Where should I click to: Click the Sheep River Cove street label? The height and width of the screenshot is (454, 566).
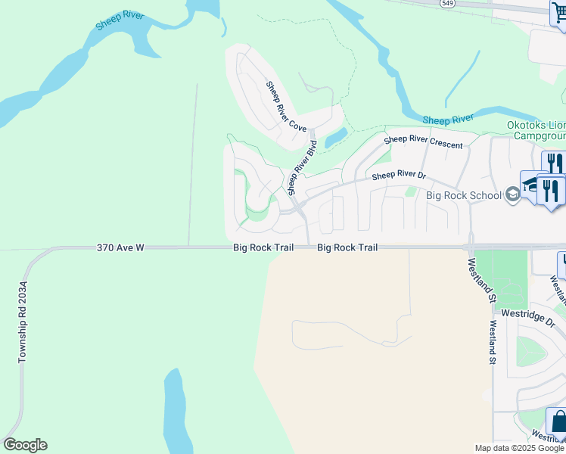coord(285,107)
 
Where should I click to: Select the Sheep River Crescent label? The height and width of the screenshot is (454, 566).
coord(423,141)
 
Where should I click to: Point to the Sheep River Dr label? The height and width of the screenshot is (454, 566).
coord(399,176)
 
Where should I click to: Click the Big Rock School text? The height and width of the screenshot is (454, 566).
coord(464,195)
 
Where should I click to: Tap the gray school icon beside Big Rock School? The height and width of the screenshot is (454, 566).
coord(513,195)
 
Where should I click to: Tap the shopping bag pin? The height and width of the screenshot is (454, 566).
coord(558,421)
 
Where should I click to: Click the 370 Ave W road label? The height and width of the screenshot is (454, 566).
coord(120,247)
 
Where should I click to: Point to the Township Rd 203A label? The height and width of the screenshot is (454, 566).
coord(23,321)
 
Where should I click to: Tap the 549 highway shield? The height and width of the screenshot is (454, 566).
coord(447,3)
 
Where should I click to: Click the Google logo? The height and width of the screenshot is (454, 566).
coord(25,445)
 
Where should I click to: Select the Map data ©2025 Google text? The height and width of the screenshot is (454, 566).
coord(518,448)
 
